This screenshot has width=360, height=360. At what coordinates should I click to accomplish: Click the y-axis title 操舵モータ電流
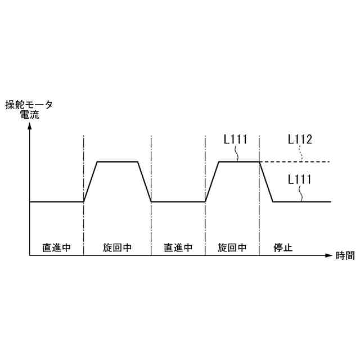(29, 109)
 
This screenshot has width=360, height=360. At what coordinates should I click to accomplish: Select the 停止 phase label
(283, 247)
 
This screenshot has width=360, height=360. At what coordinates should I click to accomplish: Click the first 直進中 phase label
(57, 247)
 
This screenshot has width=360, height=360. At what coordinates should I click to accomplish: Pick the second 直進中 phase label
(178, 247)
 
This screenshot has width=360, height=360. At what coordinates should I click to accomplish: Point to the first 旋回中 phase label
(118, 247)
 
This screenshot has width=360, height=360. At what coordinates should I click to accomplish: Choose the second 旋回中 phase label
(232, 247)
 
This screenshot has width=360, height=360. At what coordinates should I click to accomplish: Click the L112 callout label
(300, 139)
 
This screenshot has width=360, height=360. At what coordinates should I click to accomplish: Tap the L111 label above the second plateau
(236, 139)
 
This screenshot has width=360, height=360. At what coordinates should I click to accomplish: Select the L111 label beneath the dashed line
(300, 179)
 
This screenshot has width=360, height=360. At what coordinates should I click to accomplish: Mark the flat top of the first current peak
(118, 162)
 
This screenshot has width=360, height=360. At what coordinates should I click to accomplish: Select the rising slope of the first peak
(91, 182)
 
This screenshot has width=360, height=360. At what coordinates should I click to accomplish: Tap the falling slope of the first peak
(145, 182)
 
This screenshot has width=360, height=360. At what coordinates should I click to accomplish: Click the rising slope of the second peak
(211, 182)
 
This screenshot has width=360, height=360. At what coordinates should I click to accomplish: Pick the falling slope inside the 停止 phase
(266, 182)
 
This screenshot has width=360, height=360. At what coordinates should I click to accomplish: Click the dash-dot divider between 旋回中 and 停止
(259, 225)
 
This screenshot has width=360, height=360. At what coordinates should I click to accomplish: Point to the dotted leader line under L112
(301, 153)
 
